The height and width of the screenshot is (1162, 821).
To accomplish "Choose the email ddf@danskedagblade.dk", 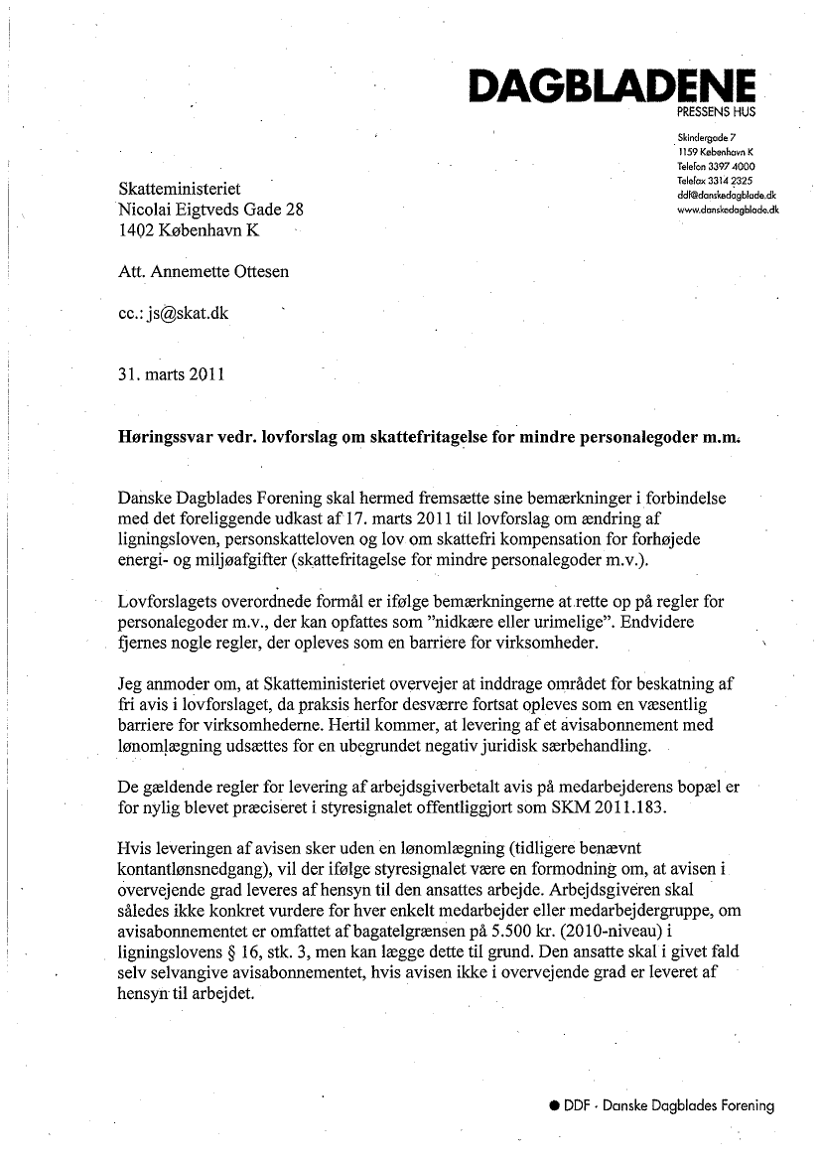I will click(x=724, y=196).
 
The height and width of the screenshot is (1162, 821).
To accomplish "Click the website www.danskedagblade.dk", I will click(x=727, y=211).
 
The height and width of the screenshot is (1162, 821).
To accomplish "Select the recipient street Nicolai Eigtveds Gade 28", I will click(x=210, y=210).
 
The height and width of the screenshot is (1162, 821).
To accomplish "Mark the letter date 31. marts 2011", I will click(x=171, y=374).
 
